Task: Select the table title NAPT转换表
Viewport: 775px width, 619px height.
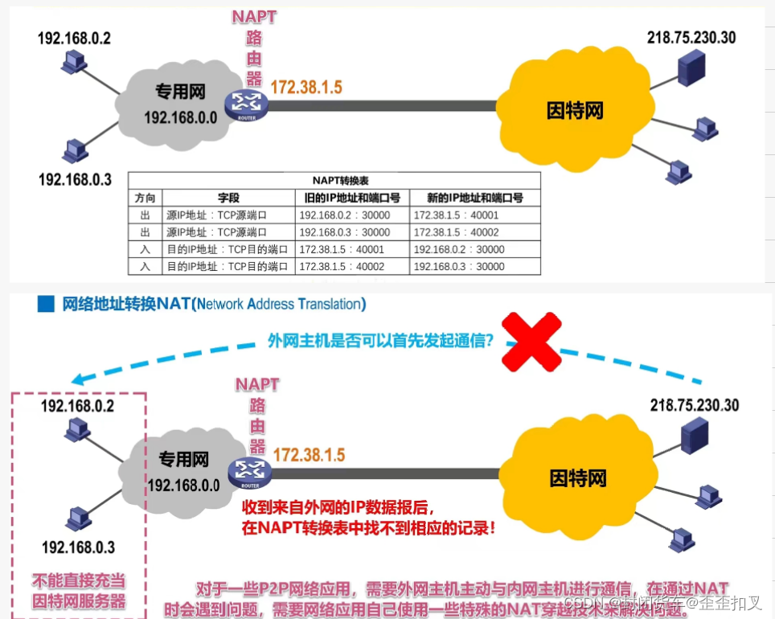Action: (x=334, y=180)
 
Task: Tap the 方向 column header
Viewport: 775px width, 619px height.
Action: (x=146, y=198)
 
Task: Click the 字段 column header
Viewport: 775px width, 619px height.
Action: (x=229, y=198)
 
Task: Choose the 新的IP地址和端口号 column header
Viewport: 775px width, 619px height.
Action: (x=474, y=198)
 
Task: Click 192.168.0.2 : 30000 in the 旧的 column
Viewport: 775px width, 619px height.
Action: (x=344, y=215)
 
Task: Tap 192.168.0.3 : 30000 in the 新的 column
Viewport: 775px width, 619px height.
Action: (x=459, y=266)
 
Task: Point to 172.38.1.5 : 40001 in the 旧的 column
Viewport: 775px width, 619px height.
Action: (x=341, y=249)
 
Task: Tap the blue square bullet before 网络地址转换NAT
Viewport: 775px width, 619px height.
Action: (x=47, y=304)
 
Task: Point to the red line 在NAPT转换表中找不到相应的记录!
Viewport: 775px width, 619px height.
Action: (x=368, y=529)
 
